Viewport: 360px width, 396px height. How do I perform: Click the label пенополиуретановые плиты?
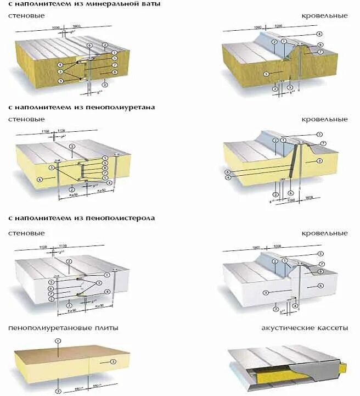tap(63, 328)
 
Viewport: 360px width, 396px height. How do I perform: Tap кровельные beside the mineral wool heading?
tap(324, 16)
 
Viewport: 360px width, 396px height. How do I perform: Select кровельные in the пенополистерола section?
tap(324, 233)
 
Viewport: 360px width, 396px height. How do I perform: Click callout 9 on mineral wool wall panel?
tap(61, 81)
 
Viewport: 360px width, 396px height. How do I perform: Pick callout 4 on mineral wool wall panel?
tap(60, 65)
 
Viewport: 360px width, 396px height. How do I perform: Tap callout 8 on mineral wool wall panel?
tap(115, 72)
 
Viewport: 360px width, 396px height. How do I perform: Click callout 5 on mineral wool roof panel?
tap(266, 74)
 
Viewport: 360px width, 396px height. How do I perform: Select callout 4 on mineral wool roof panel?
tap(319, 34)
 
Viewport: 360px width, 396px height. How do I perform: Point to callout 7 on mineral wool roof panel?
tap(320, 52)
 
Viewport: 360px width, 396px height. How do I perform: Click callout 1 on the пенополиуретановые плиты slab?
tap(57, 341)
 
